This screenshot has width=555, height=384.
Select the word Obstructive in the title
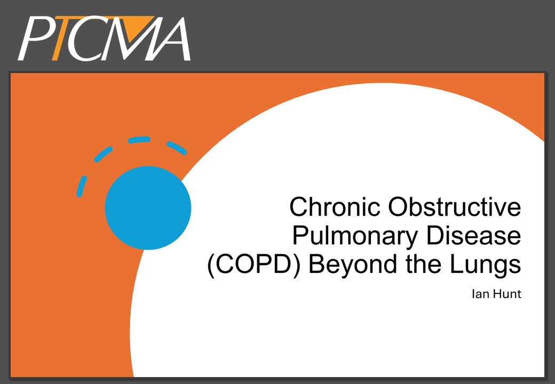(x=455, y=206)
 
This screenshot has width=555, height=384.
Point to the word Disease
(x=474, y=236)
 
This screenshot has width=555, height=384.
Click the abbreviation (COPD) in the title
(x=254, y=265)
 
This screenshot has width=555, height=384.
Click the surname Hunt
(x=506, y=294)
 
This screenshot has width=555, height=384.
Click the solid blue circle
(x=148, y=208)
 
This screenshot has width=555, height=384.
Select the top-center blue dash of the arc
(x=139, y=140)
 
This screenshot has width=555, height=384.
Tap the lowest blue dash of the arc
(x=82, y=186)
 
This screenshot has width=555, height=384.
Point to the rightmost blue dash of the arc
(x=177, y=148)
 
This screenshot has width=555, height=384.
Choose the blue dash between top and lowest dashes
(x=104, y=155)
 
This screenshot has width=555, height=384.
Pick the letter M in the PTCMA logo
(x=129, y=38)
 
